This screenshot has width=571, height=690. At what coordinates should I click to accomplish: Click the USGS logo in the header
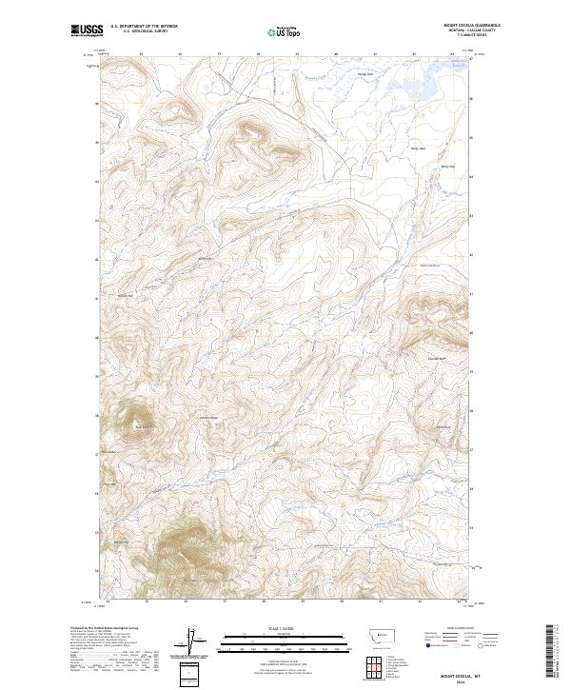87,30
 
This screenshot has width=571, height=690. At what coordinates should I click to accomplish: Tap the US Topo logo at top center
286,31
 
